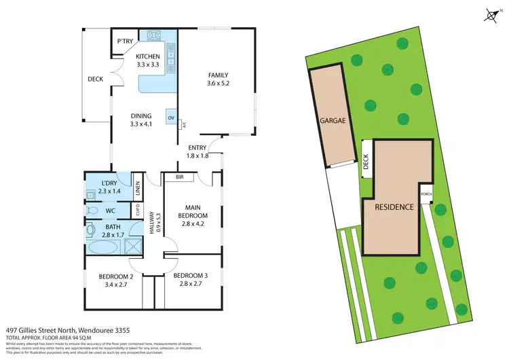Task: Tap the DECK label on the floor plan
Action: point(95,79)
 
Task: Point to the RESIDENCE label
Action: point(394,206)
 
